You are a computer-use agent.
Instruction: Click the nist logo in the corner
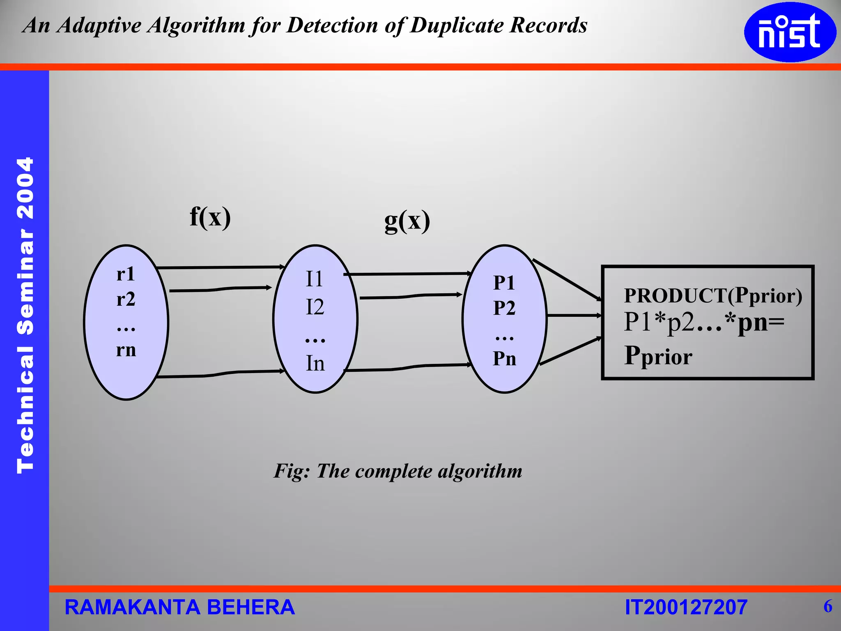pyautogui.click(x=790, y=32)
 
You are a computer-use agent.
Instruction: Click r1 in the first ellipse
pyautogui.click(x=125, y=274)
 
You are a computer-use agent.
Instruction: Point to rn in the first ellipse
pyautogui.click(x=126, y=350)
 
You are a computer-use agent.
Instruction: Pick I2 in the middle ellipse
pyautogui.click(x=315, y=307)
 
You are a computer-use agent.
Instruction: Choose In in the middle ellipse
pyautogui.click(x=315, y=363)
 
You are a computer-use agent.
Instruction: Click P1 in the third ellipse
pyautogui.click(x=504, y=283)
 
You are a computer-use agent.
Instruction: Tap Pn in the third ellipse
pyautogui.click(x=504, y=358)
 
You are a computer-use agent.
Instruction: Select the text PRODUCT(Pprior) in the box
pyautogui.click(x=713, y=295)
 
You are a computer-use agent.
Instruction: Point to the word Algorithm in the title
pyautogui.click(x=196, y=25)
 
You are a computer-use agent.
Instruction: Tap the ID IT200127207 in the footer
pyautogui.click(x=686, y=608)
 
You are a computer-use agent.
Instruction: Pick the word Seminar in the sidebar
pyautogui.click(x=25, y=282)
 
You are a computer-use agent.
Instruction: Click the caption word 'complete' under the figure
pyautogui.click(x=393, y=471)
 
